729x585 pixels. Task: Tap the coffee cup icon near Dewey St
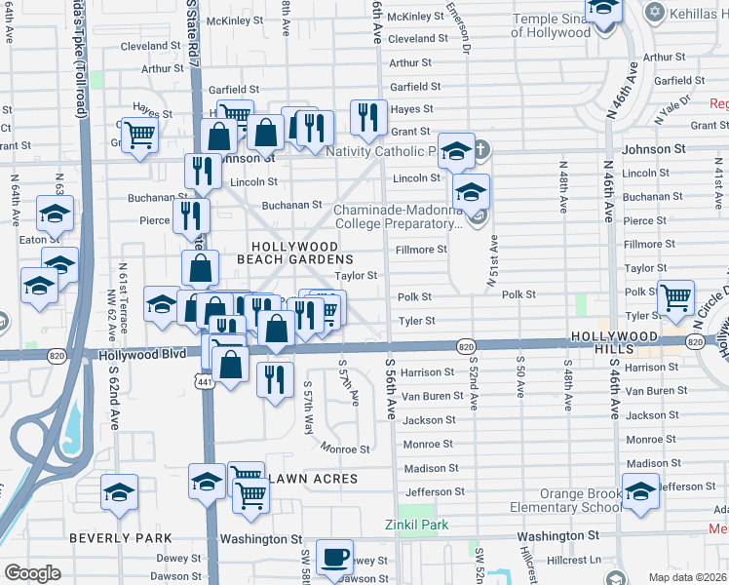point(334,557)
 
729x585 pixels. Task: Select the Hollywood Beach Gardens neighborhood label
point(301,253)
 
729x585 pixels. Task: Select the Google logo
point(32,573)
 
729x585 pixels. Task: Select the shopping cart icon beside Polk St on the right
point(675,296)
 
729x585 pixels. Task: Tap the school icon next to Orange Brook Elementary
point(640,491)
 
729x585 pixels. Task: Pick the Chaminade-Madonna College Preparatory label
point(398,216)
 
